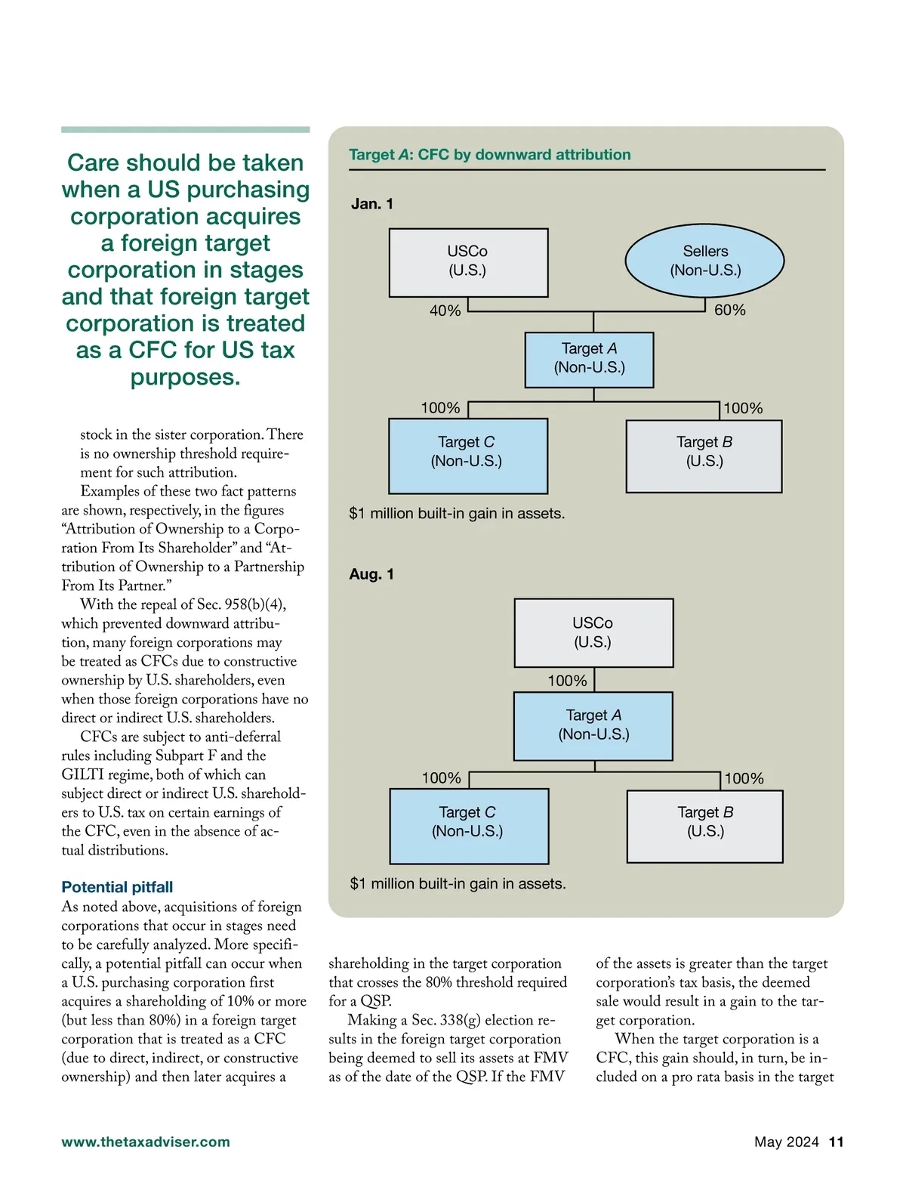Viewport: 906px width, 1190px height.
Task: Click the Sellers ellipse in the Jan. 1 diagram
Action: coord(704,261)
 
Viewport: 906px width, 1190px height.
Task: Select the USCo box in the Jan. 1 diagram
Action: coord(468,261)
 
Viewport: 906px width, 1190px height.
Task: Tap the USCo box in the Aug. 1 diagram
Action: coord(593,632)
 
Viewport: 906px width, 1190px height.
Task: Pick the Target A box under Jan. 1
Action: coord(589,359)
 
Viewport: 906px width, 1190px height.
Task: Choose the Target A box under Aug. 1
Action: coord(593,725)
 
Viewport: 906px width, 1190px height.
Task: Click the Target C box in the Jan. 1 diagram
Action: coord(467,455)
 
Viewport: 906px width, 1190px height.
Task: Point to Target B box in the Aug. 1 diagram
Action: coord(705,826)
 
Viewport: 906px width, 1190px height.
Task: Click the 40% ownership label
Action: coord(445,311)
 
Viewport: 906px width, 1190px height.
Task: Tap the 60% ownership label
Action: coord(729,310)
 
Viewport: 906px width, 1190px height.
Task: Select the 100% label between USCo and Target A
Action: coord(567,681)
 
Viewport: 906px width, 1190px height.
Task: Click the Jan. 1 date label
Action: coord(372,204)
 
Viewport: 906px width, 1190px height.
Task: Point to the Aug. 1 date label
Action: coord(371,574)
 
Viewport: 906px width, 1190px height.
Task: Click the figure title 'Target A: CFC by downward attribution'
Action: coord(489,155)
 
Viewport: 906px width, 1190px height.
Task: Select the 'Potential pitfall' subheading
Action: coord(117,887)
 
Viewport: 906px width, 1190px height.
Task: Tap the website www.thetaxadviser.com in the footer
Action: coord(146,1142)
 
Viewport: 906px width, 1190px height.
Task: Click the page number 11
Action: coord(836,1142)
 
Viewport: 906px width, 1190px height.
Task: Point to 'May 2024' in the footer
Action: coord(786,1142)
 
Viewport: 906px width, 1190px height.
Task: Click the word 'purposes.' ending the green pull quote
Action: coord(185,377)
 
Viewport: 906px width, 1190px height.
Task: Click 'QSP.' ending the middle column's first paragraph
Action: coord(376,1001)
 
